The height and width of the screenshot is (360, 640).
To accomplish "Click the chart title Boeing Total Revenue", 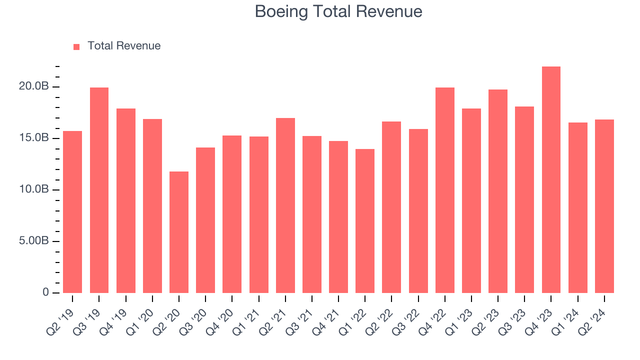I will (338, 11).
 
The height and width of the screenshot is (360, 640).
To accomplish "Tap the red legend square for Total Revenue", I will (76, 46).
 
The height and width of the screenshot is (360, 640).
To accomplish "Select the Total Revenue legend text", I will (124, 46).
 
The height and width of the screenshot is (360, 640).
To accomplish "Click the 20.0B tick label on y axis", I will (34, 86).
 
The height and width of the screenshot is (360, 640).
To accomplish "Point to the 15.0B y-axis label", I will (34, 138).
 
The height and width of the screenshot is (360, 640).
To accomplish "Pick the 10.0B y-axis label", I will (34, 189).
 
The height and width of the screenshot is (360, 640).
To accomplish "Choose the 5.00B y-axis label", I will (34, 241).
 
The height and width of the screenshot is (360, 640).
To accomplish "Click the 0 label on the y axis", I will (45, 292).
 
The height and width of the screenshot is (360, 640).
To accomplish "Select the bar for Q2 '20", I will (179, 232).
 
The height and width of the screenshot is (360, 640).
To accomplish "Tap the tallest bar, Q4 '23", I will (551, 179).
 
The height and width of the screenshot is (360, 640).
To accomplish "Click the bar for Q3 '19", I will (99, 190).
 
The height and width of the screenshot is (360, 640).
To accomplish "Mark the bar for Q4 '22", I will (445, 190).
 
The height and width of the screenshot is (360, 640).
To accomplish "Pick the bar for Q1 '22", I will (365, 220).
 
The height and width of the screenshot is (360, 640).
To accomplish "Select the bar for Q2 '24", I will (604, 206).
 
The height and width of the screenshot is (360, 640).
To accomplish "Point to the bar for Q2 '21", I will (285, 205).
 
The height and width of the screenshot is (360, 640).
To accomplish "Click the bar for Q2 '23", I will (498, 191).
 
